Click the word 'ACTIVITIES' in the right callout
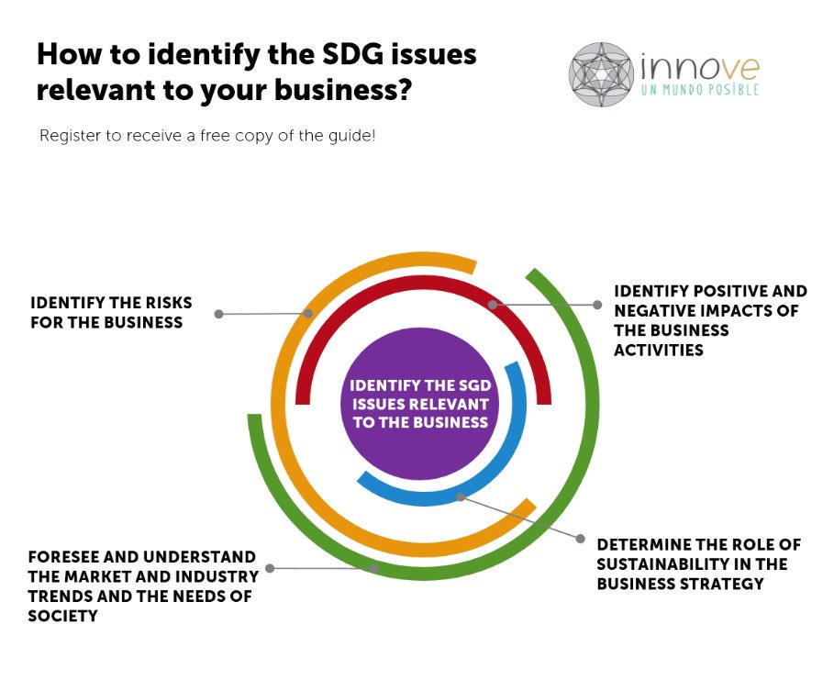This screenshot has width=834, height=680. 659,350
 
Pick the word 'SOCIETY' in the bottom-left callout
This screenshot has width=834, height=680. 62,616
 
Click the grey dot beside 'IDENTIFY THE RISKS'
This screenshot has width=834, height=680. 218,314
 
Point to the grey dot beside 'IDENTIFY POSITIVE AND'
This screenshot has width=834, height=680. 597,305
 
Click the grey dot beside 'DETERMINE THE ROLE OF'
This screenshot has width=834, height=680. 580,538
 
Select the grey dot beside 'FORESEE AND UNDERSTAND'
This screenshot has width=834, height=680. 269,569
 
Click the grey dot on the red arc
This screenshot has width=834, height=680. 493,304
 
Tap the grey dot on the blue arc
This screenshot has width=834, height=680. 461,496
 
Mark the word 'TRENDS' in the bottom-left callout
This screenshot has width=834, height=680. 61,596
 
